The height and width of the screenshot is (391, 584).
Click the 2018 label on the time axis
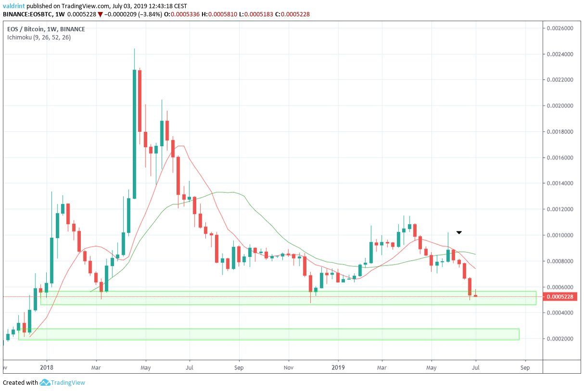pyautogui.click(x=46, y=368)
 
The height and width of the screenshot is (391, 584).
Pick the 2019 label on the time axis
pyautogui.click(x=338, y=368)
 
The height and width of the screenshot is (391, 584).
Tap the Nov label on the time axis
pyautogui.click(x=289, y=368)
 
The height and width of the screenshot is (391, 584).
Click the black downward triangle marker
pyautogui.click(x=459, y=233)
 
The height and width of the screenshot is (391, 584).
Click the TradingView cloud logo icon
pyautogui.click(x=45, y=383)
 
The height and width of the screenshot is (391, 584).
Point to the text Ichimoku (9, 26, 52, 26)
pyautogui.click(x=39, y=37)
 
